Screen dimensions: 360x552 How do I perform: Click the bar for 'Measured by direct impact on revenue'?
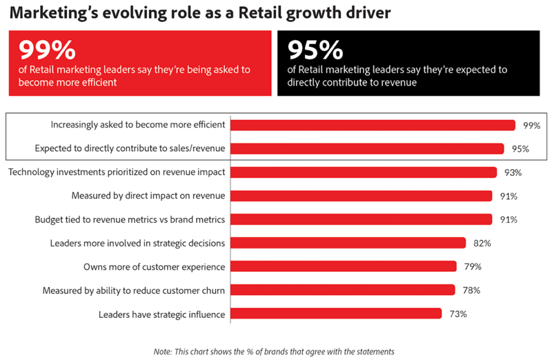coord(361,196)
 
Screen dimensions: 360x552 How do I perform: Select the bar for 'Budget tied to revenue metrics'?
coord(361,219)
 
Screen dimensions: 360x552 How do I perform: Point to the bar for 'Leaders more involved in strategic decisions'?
coord(348,243)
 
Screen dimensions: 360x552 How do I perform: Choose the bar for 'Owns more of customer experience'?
coord(344,266)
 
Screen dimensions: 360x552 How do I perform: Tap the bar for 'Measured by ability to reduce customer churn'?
coord(343,290)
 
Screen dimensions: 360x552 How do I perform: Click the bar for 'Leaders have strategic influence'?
coord(336,314)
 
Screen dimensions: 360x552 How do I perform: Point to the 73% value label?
coord(458,314)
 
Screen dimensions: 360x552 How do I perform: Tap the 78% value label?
coord(472,290)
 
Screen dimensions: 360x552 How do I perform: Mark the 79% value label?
coord(473,266)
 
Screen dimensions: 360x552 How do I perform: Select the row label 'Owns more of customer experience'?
coord(154,267)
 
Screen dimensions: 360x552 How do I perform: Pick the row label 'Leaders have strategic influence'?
coord(161,314)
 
